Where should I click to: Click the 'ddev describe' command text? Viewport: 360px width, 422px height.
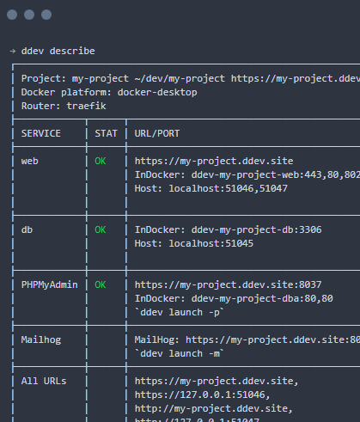click(x=58, y=51)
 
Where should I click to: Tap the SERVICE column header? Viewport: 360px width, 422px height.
click(x=41, y=133)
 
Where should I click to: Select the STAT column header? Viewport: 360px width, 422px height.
click(x=106, y=133)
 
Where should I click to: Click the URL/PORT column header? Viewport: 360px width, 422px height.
click(x=157, y=133)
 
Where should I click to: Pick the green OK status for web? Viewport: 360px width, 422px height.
click(x=101, y=161)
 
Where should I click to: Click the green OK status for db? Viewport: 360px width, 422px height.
click(x=101, y=229)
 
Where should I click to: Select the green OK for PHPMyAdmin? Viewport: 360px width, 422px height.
click(x=101, y=284)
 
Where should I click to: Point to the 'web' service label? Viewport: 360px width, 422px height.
click(x=30, y=161)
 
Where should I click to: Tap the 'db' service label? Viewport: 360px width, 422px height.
click(x=27, y=229)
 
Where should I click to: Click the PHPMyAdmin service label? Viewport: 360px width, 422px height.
click(x=50, y=284)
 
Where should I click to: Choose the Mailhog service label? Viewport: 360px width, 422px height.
click(x=41, y=339)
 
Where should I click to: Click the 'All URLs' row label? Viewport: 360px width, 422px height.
click(x=44, y=381)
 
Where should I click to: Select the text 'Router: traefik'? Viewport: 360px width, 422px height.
click(x=64, y=106)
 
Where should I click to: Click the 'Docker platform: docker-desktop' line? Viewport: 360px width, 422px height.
click(x=109, y=92)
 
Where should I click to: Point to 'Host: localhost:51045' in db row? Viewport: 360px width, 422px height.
click(x=194, y=243)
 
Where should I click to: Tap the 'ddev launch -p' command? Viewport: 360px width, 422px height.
click(x=180, y=312)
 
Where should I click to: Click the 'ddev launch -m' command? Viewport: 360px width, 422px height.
click(x=180, y=353)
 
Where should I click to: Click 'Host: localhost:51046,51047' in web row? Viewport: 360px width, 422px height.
click(x=211, y=188)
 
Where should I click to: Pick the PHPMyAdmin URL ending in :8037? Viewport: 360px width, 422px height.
click(x=228, y=284)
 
